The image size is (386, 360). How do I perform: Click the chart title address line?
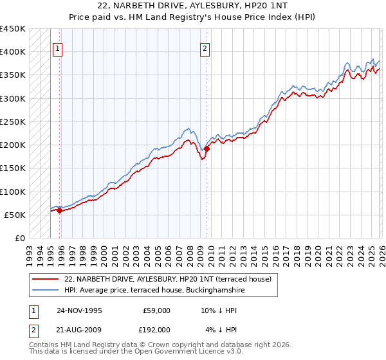[x=193, y=6]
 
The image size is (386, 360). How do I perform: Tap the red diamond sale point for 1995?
[x=59, y=210]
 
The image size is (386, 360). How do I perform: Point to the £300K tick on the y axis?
[x=13, y=98]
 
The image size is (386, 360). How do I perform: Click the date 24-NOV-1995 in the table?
[x=79, y=310]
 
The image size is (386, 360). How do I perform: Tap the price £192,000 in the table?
[x=156, y=329]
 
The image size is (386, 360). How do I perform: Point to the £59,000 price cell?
[x=156, y=310]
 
